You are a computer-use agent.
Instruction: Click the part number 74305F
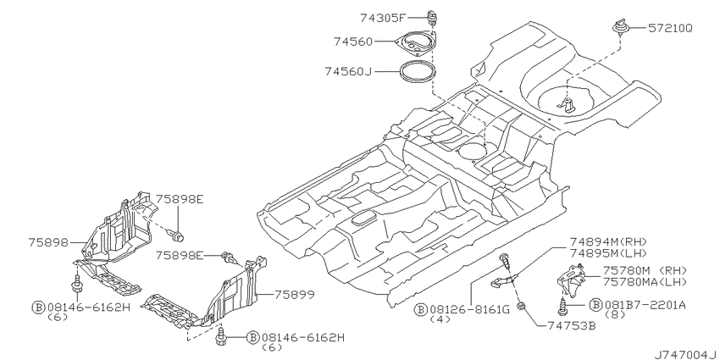point(383,19)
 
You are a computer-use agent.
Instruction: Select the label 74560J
point(347,72)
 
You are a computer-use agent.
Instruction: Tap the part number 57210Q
point(670,29)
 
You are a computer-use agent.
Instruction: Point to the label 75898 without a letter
point(47,241)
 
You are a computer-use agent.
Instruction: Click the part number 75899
point(294,294)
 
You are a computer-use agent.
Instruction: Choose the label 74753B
point(572,325)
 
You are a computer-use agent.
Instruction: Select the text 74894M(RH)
point(608,242)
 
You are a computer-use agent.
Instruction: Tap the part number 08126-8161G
point(469,309)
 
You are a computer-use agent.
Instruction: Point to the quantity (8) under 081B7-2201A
point(616,314)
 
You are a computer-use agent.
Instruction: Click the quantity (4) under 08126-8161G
point(440,320)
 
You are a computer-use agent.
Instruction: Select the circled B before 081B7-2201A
point(596,304)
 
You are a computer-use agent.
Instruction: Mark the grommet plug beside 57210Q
point(619,27)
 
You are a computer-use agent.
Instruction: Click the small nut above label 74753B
point(521,304)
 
